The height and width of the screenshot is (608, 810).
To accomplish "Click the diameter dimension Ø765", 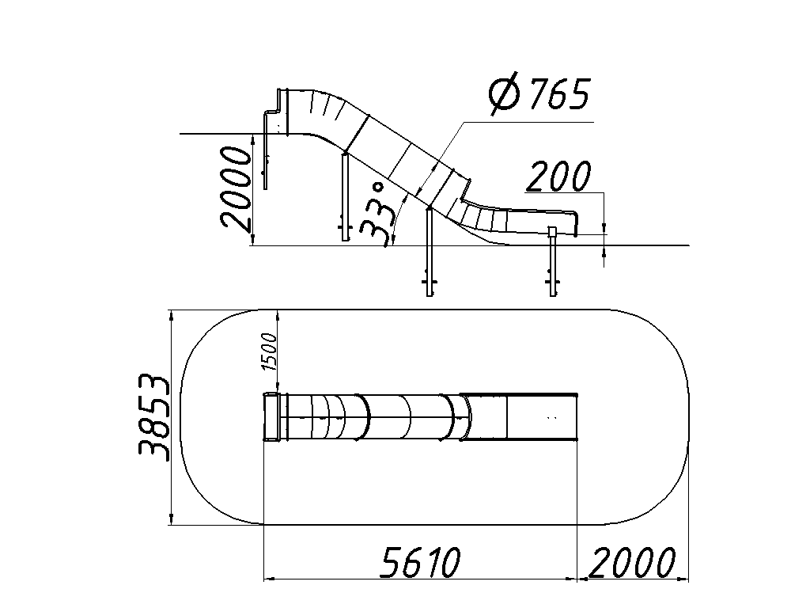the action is (539, 95).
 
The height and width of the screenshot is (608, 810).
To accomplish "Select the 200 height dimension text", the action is (558, 176).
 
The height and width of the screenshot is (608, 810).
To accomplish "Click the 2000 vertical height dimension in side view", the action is (236, 187).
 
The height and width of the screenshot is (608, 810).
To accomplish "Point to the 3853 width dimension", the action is (153, 416).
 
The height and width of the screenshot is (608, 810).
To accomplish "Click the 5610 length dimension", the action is (419, 562).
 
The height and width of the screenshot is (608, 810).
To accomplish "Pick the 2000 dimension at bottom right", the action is (632, 562).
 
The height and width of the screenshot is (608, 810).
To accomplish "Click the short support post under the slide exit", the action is (553, 261).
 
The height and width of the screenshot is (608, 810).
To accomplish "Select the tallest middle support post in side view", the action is (430, 252).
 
